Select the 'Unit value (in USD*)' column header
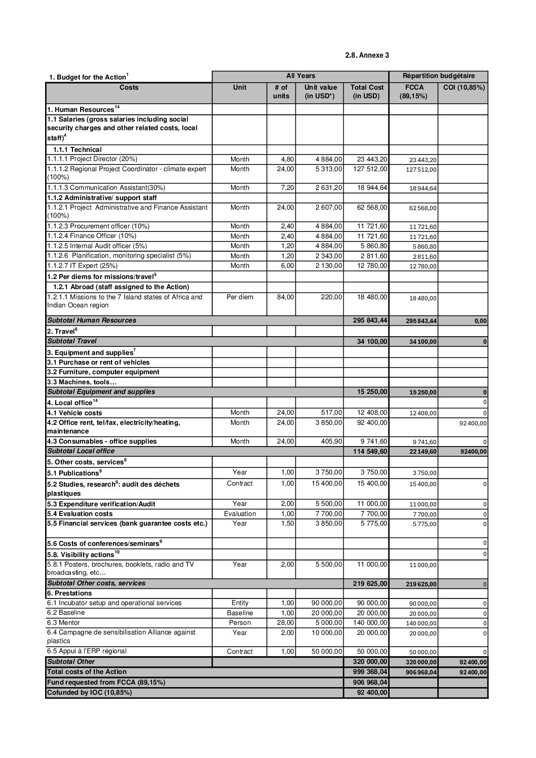point(320,92)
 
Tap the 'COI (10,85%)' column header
point(463,88)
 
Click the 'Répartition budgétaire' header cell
point(438,76)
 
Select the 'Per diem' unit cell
point(240,297)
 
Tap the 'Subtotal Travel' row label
point(71,341)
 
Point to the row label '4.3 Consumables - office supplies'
point(102,442)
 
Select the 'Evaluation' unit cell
point(240,514)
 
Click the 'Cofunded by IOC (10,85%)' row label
point(89,692)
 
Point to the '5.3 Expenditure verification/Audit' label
point(101,504)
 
